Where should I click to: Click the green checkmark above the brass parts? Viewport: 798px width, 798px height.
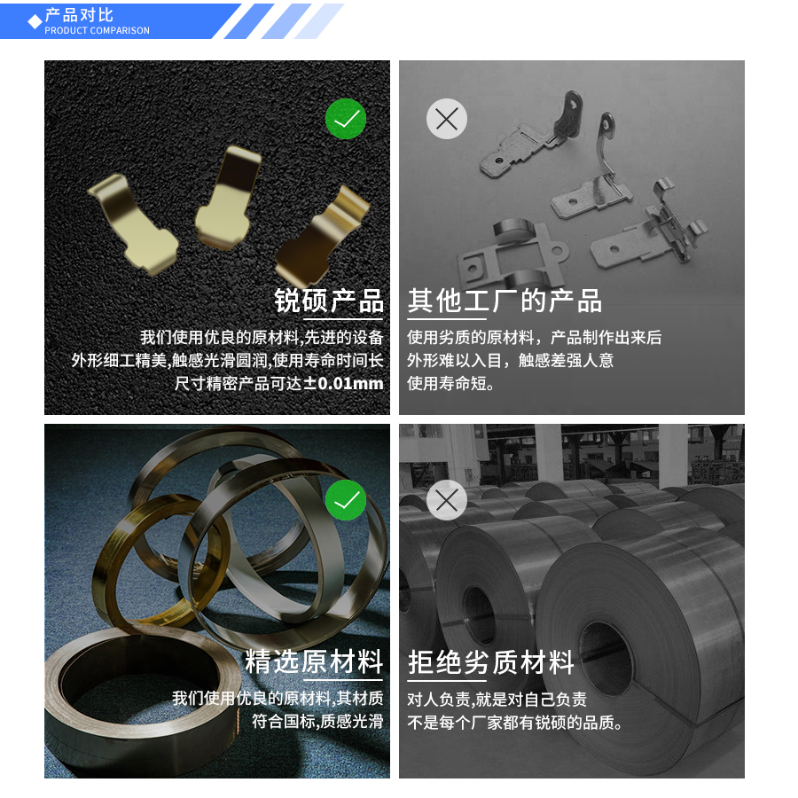(x=346, y=119)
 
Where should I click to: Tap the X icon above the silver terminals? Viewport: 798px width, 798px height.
(x=447, y=119)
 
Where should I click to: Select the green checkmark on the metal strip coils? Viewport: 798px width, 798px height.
(x=346, y=500)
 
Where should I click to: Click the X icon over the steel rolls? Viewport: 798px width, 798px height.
(x=447, y=500)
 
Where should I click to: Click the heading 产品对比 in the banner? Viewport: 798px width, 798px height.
(x=79, y=15)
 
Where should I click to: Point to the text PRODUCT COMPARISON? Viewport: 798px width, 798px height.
(x=97, y=31)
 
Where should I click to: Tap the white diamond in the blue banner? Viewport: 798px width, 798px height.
(x=35, y=21)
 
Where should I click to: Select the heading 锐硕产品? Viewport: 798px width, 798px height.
(x=329, y=301)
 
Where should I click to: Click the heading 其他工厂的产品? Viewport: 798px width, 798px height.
(x=505, y=301)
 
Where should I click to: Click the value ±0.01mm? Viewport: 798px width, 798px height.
(x=344, y=384)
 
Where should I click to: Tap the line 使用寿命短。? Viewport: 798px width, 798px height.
(x=451, y=384)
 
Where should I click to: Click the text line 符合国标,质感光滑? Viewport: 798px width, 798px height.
(x=317, y=722)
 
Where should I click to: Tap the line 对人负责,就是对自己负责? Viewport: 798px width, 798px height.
(x=497, y=699)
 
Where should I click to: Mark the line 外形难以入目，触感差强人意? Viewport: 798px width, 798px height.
(x=510, y=361)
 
